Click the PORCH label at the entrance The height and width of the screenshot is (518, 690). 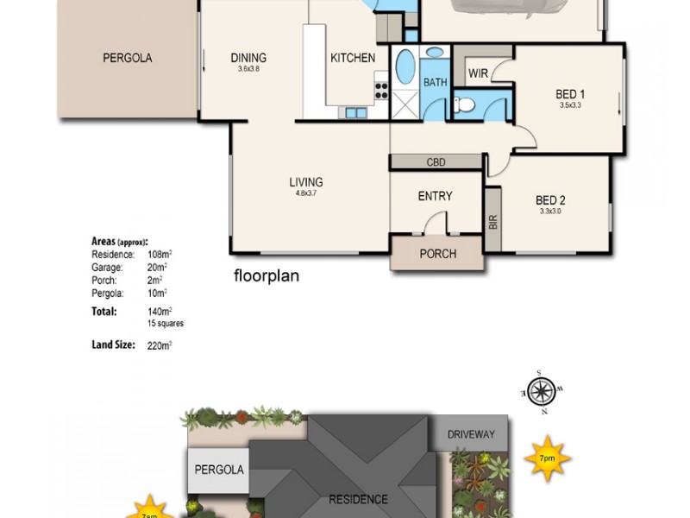(437, 254)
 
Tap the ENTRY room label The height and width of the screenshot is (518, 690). (435, 196)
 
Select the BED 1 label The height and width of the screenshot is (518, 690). (570, 94)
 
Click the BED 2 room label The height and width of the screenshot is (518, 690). (550, 200)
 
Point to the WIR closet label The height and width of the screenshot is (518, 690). (478, 74)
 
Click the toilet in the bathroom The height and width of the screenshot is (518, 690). (466, 104)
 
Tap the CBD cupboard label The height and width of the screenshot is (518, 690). (436, 161)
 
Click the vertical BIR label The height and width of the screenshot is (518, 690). (493, 220)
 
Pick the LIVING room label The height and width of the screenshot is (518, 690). (306, 182)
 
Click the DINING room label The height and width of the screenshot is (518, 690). (248, 58)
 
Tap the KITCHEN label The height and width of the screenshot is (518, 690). (353, 58)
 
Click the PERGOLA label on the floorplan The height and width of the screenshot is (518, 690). (128, 58)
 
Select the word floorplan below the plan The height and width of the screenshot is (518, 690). (267, 277)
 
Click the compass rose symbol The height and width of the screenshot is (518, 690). (541, 393)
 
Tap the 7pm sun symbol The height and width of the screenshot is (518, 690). (548, 459)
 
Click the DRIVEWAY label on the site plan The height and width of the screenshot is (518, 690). (472, 434)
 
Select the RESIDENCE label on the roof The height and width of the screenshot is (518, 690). (358, 499)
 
